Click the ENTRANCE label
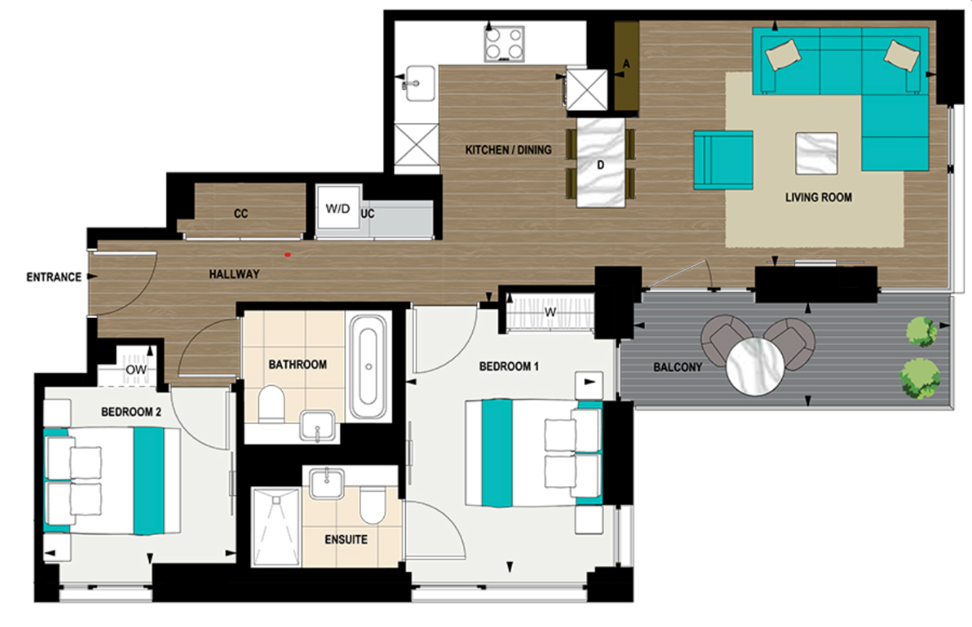click(x=53, y=277)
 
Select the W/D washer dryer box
click(x=337, y=211)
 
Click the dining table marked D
click(x=601, y=162)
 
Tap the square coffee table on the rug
click(x=816, y=153)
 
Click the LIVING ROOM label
click(x=818, y=198)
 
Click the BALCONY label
click(x=676, y=367)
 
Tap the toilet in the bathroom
click(x=270, y=403)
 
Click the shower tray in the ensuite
click(x=276, y=527)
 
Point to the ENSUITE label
click(x=346, y=540)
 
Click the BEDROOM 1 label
click(x=508, y=366)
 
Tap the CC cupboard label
click(x=240, y=214)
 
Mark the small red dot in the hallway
click(x=288, y=255)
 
